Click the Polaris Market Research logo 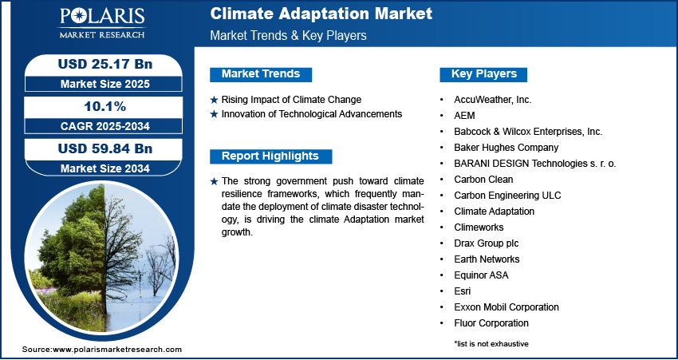tap(102, 23)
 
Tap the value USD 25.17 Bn tap(105, 64)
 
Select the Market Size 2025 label tap(104, 84)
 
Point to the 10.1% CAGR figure tap(104, 107)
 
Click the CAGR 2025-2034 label tap(104, 126)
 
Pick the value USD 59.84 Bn tap(105, 148)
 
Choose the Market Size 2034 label tap(104, 168)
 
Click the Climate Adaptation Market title tap(321, 14)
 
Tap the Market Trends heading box tap(261, 74)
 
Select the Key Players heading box tap(483, 74)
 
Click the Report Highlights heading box tap(270, 156)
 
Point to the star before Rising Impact tap(214, 101)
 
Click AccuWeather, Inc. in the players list tap(492, 100)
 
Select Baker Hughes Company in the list tap(506, 148)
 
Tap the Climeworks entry tap(479, 227)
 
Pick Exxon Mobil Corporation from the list tap(507, 307)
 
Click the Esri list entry tap(462, 291)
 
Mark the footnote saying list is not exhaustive tap(491, 344)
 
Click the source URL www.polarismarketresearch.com tap(116, 350)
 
